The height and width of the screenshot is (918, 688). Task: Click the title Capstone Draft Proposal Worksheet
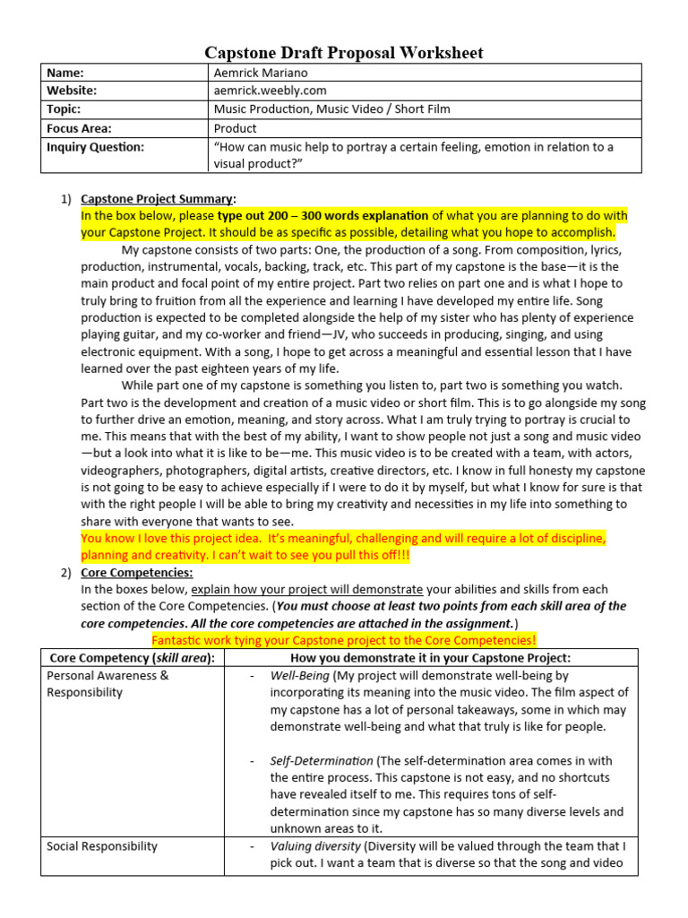click(344, 53)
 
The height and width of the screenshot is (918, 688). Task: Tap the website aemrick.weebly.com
click(270, 91)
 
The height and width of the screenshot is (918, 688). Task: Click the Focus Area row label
click(79, 128)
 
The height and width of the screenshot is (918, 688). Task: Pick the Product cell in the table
click(235, 128)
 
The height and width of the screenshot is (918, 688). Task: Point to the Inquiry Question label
click(95, 146)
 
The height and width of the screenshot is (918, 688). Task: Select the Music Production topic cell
click(331, 109)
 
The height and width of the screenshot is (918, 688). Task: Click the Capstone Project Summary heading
click(159, 198)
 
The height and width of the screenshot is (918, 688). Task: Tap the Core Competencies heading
click(136, 572)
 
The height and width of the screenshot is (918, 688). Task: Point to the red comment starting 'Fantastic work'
click(344, 640)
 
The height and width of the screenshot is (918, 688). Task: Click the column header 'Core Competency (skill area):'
click(132, 658)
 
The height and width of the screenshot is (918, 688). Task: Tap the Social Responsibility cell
click(102, 846)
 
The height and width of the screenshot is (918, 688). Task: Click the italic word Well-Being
click(299, 675)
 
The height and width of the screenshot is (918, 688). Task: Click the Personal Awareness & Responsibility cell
click(107, 683)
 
